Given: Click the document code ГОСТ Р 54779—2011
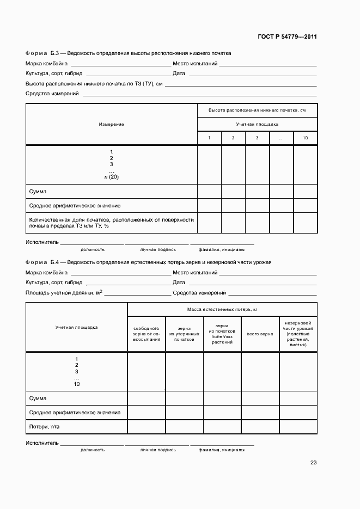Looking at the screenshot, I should pos(287,37).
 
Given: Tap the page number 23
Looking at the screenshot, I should pos(313,463).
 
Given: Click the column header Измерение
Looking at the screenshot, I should pos(111,124).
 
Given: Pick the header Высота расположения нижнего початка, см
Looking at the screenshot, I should pos(257,111).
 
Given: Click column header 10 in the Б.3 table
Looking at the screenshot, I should pos(305,138).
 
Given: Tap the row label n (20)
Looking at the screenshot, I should pos(111,177).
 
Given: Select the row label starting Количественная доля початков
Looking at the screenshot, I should pos(111,223).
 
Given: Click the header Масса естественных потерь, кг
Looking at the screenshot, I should pos(222,309).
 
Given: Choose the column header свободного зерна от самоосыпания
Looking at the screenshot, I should pos(146,334).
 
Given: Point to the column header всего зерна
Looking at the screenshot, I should pos(260,334).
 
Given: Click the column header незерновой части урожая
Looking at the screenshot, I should pos(298,334).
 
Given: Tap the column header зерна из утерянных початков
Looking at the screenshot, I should pos(184,334).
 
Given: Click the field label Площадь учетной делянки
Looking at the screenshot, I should pos(64,293).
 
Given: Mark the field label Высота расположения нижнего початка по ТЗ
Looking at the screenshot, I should pos(94,84).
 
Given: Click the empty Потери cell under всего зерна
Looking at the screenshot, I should pos(260,427).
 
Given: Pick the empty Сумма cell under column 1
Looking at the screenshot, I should pos(209,192).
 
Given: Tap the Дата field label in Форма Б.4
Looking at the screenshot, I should pos(179,283).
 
